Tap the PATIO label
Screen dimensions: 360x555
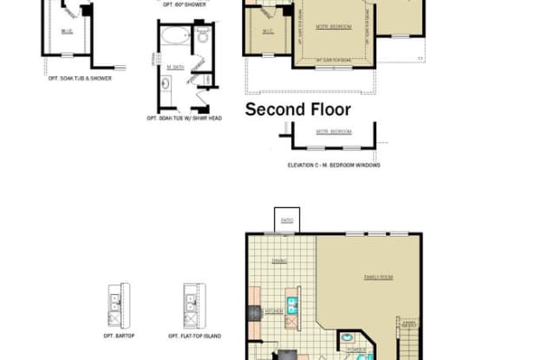tap(286, 220)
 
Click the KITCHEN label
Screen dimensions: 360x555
tap(274, 311)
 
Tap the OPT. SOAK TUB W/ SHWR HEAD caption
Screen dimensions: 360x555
tap(184, 117)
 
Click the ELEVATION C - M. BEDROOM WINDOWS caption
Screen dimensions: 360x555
tap(334, 165)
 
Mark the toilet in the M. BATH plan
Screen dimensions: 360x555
tap(201, 38)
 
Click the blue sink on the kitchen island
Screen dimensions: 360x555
tap(292, 304)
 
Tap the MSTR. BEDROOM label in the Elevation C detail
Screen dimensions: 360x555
tap(334, 131)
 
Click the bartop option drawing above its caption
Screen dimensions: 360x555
tap(115, 305)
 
